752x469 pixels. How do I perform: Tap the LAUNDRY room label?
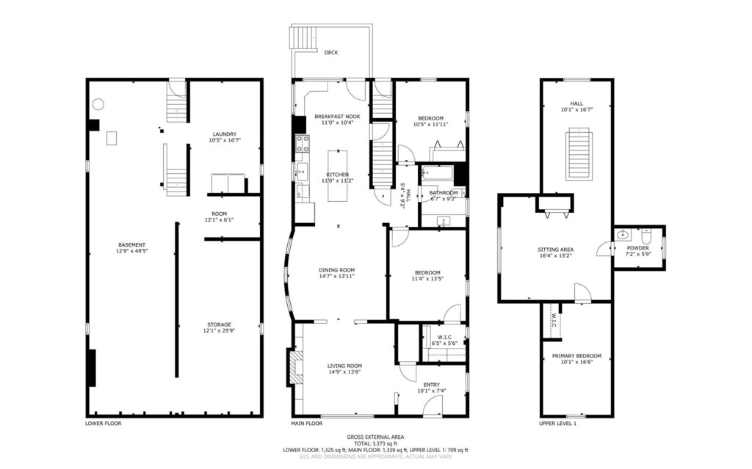(224, 134)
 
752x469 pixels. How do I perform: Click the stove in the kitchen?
(301, 144)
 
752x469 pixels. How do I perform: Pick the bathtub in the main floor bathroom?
(435, 174)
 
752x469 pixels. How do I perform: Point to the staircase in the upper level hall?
(578, 153)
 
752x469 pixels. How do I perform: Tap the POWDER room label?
(637, 248)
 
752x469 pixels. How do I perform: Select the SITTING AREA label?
(555, 250)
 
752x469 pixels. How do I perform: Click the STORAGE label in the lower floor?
(219, 324)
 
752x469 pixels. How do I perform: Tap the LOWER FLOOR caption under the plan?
(104, 423)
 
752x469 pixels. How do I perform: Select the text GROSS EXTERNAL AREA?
(376, 437)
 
